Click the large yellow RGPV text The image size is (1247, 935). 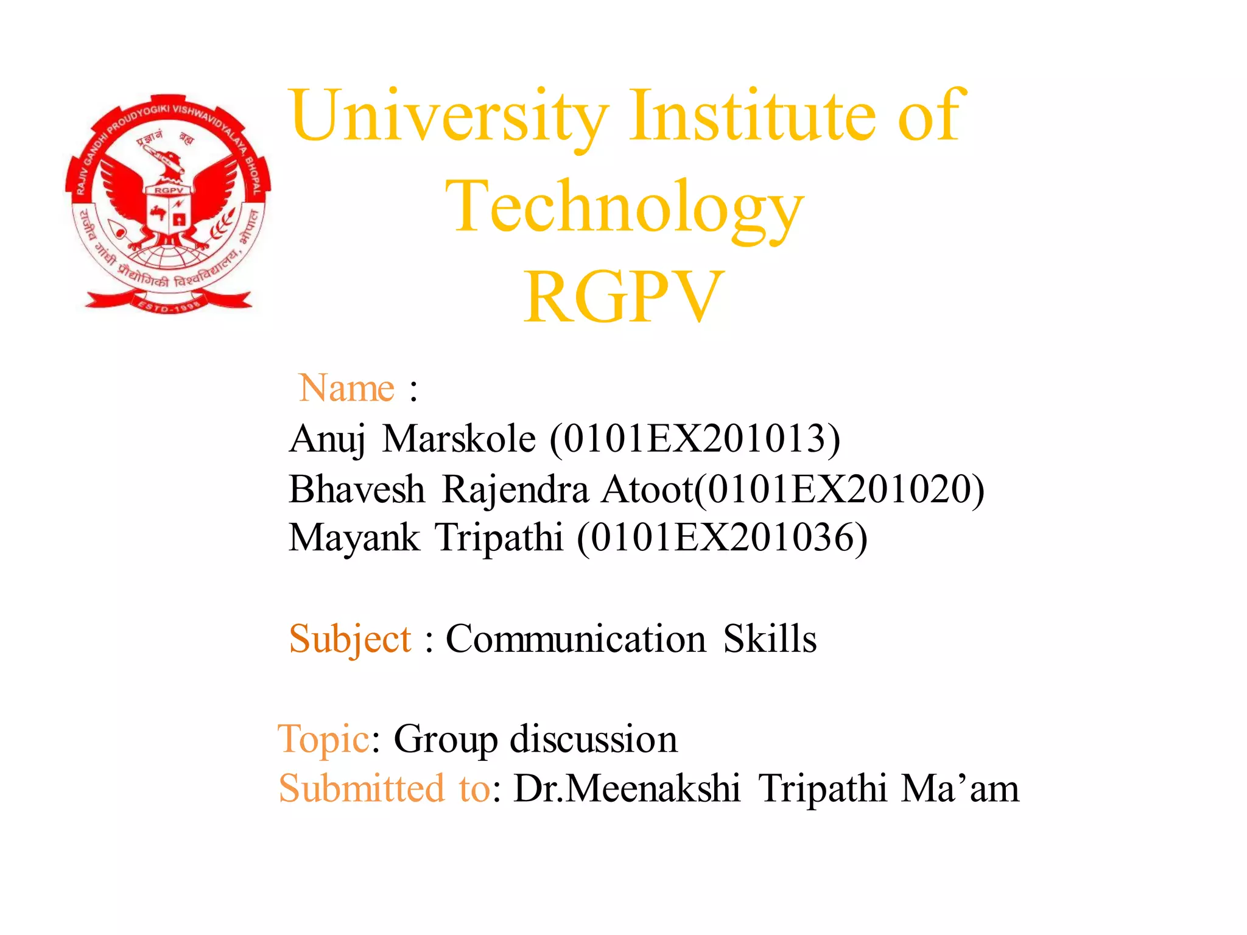pyautogui.click(x=623, y=297)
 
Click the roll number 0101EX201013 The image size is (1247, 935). pyautogui.click(x=694, y=438)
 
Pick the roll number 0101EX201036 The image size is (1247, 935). pyautogui.click(x=722, y=538)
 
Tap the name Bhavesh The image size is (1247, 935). pyautogui.click(x=357, y=489)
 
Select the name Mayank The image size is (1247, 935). pyautogui.click(x=354, y=538)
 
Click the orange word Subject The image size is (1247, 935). pyautogui.click(x=350, y=639)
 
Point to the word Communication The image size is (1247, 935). pyautogui.click(x=576, y=639)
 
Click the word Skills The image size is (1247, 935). pyautogui.click(x=770, y=639)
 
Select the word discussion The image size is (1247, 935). pyautogui.click(x=593, y=739)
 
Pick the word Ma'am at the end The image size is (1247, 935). pyautogui.click(x=960, y=789)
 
